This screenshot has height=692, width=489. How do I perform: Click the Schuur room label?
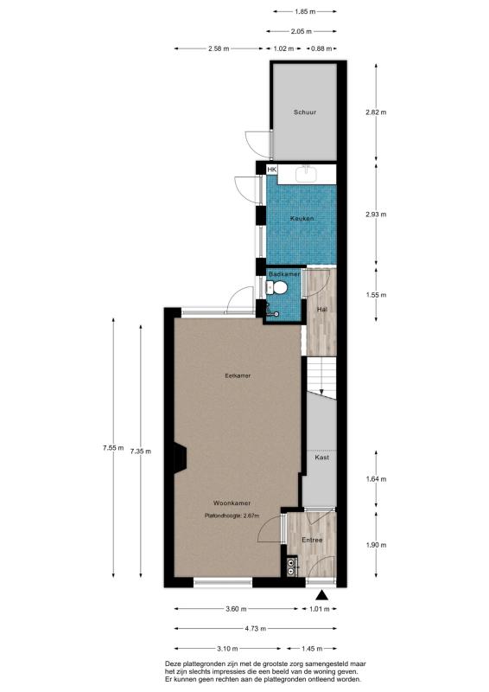pyautogui.click(x=304, y=112)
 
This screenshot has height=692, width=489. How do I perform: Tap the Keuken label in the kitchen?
pyautogui.click(x=302, y=218)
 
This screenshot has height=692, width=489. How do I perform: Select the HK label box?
pyautogui.click(x=271, y=170)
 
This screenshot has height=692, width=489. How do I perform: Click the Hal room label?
pyautogui.click(x=321, y=309)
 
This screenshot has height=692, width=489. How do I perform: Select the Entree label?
pyautogui.click(x=312, y=540)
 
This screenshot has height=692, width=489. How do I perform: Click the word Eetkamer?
pyautogui.click(x=237, y=376)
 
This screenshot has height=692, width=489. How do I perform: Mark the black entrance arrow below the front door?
pyautogui.click(x=323, y=595)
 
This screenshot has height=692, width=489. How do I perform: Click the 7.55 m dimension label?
pyautogui.click(x=112, y=447)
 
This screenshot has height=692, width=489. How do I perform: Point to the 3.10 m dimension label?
pyautogui.click(x=228, y=648)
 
